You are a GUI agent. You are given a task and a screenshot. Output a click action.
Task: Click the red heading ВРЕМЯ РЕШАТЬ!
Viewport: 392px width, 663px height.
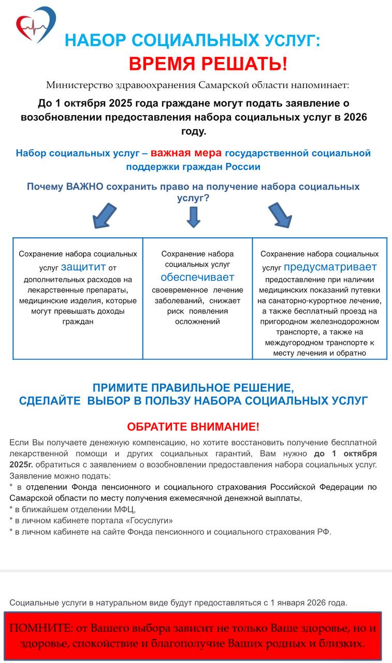(207, 64)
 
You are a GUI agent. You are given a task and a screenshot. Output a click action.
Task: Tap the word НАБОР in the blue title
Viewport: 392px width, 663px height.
(96, 40)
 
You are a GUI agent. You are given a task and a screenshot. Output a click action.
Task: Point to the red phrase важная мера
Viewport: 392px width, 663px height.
(186, 153)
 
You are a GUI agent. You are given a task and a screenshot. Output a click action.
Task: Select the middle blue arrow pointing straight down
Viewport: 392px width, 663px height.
(194, 217)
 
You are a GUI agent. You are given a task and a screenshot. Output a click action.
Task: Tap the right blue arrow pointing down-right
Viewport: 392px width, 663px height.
(280, 214)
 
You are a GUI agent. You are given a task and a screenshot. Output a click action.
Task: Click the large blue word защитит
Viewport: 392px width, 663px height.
(83, 267)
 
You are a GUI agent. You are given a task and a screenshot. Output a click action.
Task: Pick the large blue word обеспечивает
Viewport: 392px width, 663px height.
(197, 277)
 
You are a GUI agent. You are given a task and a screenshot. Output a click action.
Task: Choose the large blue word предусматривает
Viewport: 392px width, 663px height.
(330, 267)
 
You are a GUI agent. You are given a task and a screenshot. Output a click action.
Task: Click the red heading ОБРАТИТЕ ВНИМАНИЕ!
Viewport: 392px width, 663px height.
(193, 427)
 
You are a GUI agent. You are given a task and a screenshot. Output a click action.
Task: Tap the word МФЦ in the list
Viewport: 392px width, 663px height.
(123, 509)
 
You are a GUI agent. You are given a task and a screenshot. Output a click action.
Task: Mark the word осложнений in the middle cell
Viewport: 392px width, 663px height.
(197, 322)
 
